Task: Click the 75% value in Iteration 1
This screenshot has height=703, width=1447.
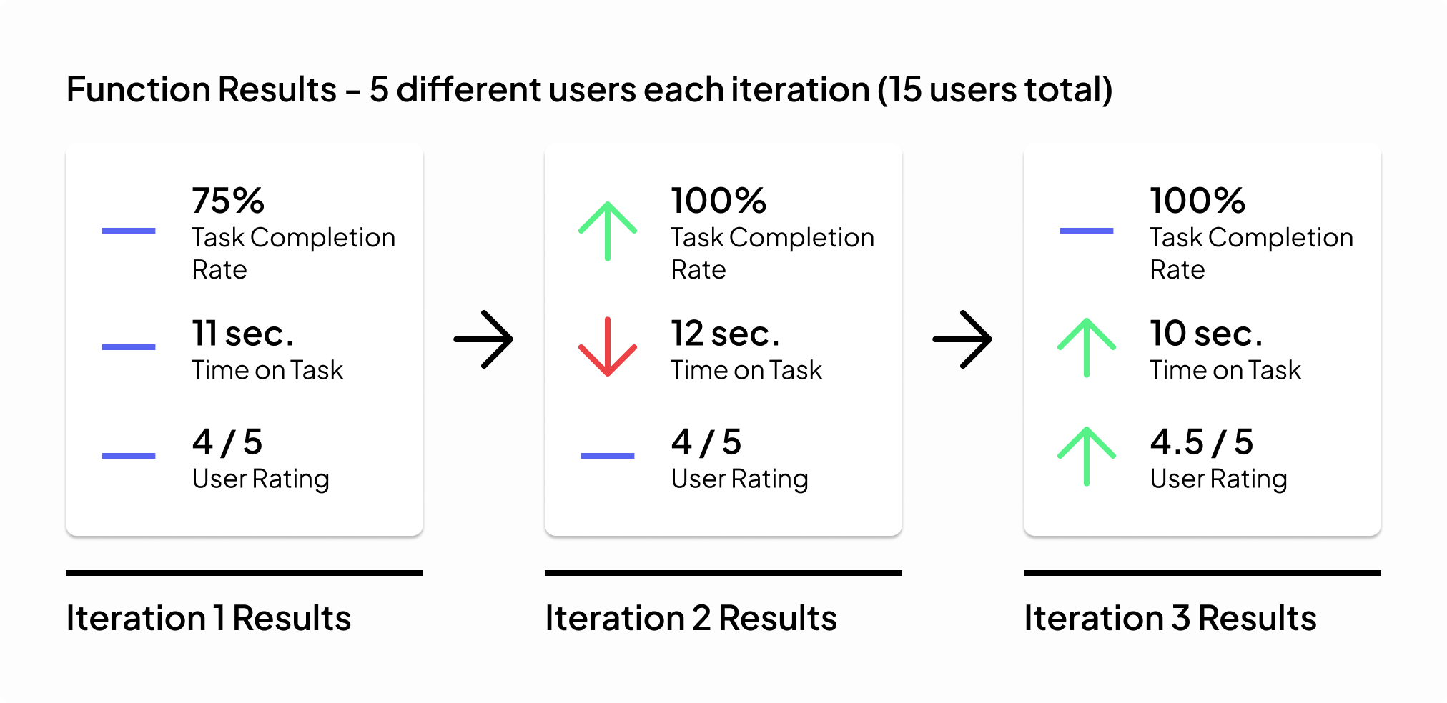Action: tap(228, 201)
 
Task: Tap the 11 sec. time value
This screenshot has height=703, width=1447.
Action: tap(243, 334)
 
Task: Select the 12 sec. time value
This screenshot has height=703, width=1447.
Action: tap(725, 334)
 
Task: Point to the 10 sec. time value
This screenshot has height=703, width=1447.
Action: tap(1206, 334)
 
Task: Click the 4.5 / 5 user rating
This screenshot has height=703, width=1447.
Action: tap(1202, 442)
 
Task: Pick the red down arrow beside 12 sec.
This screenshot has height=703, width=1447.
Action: tap(608, 346)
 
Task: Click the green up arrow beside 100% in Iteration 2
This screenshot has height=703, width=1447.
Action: tap(608, 231)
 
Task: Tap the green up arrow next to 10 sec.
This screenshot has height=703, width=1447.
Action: tap(1087, 347)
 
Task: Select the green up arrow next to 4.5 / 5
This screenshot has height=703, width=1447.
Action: tap(1087, 456)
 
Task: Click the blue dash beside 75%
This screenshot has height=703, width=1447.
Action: tap(129, 231)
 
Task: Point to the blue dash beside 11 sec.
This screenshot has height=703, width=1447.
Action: tap(129, 347)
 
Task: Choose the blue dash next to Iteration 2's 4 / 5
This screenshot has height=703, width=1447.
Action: tap(608, 456)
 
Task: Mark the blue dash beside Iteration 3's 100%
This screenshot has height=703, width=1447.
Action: tap(1087, 231)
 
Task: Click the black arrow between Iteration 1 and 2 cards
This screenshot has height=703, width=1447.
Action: tap(484, 339)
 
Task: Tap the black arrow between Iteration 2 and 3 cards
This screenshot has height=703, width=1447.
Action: tap(963, 339)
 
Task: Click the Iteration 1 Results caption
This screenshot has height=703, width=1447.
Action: tap(209, 618)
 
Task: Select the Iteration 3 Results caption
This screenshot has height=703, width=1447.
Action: tap(1170, 618)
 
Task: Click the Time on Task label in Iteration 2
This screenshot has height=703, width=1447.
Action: tap(746, 370)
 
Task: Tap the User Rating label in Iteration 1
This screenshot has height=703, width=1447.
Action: tap(261, 479)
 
